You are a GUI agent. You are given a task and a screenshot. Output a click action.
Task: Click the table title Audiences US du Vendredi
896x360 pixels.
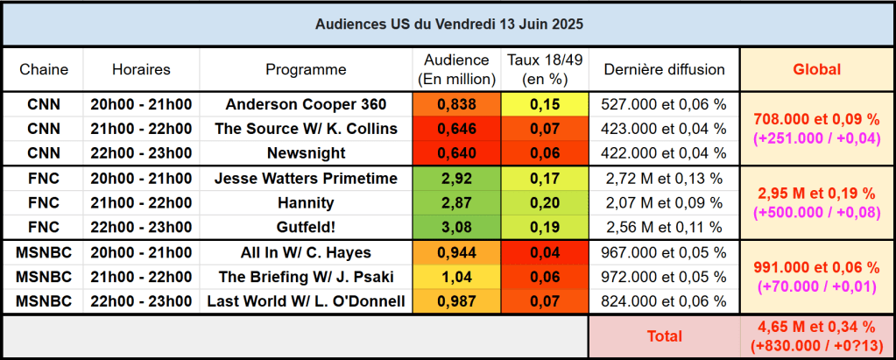click(x=448, y=24)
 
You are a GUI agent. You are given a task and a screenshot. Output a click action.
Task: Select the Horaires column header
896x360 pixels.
click(x=141, y=69)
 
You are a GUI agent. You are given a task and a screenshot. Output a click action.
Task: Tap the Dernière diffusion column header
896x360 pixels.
click(x=664, y=69)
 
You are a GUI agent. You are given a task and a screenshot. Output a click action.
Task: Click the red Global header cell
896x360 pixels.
click(x=816, y=69)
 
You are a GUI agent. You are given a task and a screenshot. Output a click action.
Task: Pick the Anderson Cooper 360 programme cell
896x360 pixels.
click(x=306, y=105)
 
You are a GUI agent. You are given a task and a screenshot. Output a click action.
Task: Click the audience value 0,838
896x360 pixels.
click(x=455, y=105)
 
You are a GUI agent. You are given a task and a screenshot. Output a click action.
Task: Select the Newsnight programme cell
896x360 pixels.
click(x=306, y=153)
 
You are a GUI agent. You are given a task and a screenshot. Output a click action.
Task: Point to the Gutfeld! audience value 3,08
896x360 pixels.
click(x=455, y=228)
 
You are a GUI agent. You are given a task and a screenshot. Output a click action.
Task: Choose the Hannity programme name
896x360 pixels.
click(x=306, y=203)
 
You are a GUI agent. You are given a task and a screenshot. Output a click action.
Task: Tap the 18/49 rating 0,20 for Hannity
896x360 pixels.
click(x=545, y=203)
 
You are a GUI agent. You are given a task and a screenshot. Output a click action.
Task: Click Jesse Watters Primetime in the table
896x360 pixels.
click(x=306, y=179)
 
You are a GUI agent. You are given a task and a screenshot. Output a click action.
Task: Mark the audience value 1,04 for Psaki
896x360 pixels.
click(x=455, y=278)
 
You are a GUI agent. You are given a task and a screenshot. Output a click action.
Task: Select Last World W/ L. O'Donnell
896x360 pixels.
click(x=306, y=302)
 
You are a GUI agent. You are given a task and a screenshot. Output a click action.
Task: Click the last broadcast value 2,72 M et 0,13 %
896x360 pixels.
click(x=664, y=179)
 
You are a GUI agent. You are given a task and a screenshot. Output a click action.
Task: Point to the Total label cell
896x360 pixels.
click(x=664, y=335)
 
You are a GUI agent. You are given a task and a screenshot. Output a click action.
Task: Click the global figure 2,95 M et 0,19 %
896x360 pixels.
click(x=816, y=193)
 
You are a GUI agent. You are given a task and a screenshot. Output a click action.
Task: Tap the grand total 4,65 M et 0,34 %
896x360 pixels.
click(x=816, y=328)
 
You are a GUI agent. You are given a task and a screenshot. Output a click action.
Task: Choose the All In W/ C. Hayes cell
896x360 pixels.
click(x=306, y=253)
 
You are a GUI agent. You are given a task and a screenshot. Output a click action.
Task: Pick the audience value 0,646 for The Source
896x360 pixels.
click(x=455, y=129)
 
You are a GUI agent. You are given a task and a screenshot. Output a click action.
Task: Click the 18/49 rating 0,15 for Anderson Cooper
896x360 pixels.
click(x=545, y=105)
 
